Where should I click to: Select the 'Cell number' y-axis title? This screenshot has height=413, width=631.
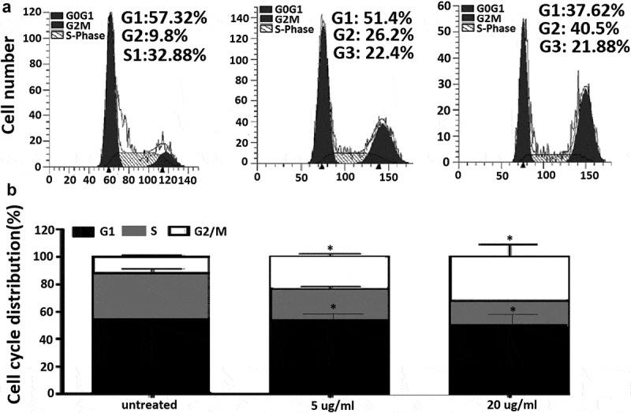click(x=13, y=88)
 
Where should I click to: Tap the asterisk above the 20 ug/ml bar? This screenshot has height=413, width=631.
click(x=510, y=238)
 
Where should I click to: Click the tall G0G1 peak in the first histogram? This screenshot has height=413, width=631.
click(x=110, y=87)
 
